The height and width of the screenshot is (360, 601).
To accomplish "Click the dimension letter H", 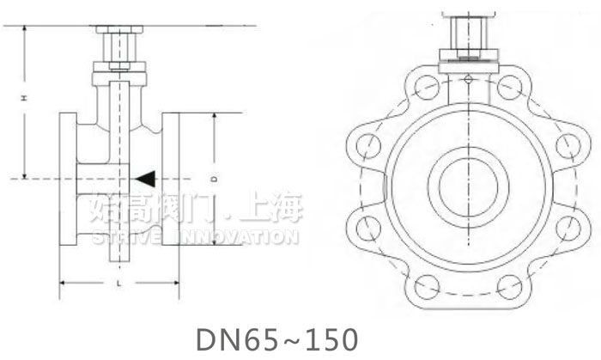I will point(27,101).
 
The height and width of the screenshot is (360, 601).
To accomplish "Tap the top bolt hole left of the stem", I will point(425,86).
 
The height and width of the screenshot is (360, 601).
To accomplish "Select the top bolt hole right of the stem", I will point(509,86).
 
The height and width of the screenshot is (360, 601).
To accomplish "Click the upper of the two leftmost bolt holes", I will point(367,143).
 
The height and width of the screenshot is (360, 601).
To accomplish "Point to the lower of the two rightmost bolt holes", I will point(567,227).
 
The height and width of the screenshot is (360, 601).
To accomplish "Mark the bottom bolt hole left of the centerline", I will point(424,284).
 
